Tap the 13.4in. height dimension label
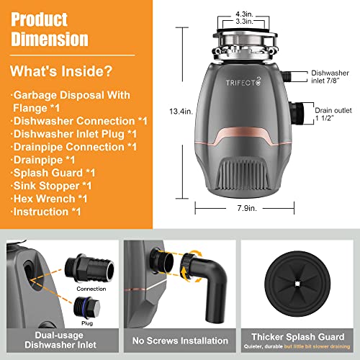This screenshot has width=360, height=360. [189, 111]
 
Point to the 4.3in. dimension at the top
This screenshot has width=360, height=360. [243, 13]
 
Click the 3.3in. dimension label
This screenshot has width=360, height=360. [243, 22]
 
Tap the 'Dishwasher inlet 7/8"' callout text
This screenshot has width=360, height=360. [332, 77]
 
